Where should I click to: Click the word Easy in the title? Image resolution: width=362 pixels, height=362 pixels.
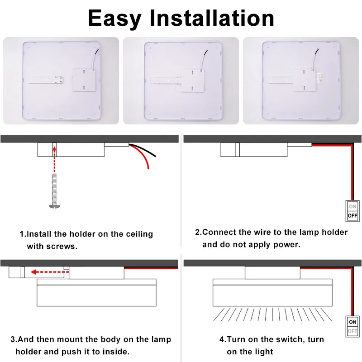pos(114,19)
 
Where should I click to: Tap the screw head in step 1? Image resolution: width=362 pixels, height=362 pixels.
pos(55,206)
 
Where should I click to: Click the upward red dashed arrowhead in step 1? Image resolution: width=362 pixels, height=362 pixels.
pos(54,149)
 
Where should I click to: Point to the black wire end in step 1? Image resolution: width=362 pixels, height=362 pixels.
pos(155,156)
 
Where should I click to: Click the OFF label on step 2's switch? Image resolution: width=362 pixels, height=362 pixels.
pos(352,216)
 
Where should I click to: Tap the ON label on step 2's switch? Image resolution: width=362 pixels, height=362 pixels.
pos(352,206)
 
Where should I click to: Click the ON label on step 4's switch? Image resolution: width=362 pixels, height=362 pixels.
pos(352,322)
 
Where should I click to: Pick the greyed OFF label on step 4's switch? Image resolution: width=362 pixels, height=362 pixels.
pos(352,331)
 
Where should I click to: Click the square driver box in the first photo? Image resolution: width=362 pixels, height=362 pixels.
pos(84,80)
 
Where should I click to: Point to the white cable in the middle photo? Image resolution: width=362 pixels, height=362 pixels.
pos(204,60)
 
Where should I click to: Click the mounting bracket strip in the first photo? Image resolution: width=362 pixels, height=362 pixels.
pos(46,80)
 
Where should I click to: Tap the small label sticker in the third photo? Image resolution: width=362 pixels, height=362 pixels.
pos(320,77)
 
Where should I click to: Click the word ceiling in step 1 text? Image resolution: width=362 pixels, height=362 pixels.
pos(139,234)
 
